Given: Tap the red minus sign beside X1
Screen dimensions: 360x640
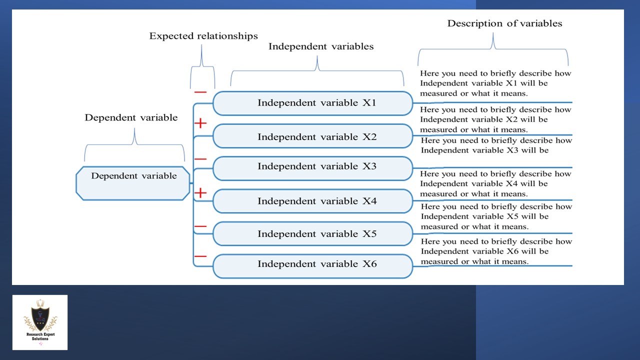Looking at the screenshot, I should point(200,92).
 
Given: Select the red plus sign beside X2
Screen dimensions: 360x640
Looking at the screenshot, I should point(200,123).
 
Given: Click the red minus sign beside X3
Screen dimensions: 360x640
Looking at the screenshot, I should point(200,159).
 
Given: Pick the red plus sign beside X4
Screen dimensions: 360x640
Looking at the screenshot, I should point(200,192).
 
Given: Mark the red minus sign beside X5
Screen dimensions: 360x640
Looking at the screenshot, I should point(200,226).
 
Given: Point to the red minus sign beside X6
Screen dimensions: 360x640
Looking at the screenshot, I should point(200,256).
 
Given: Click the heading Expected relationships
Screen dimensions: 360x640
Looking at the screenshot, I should point(203,36).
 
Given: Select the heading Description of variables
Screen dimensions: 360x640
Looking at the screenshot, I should point(504,23).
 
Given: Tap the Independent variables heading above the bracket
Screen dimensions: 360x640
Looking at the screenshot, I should point(321,46).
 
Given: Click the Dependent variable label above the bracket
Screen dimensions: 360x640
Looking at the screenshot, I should point(131,118).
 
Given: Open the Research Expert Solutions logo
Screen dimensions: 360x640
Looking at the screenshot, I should point(40,322).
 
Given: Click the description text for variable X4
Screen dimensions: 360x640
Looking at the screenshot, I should point(495,183).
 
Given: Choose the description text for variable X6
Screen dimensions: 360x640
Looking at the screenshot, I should point(495,251).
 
